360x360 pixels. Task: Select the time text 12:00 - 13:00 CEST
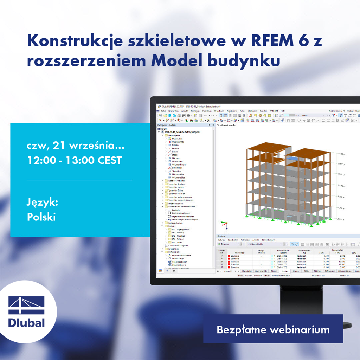click(75, 160)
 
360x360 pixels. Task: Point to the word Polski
click(41, 217)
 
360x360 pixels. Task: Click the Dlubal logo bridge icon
click(26, 305)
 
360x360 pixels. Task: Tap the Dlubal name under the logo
click(26, 322)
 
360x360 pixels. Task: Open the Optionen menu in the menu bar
click(253, 111)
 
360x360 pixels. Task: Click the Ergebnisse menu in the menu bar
click(232, 111)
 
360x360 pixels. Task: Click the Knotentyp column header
click(239, 252)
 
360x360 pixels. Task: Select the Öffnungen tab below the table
click(330, 271)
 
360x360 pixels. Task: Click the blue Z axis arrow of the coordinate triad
click(227, 229)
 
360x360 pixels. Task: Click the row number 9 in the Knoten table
click(222, 262)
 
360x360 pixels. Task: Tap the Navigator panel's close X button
click(213, 125)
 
